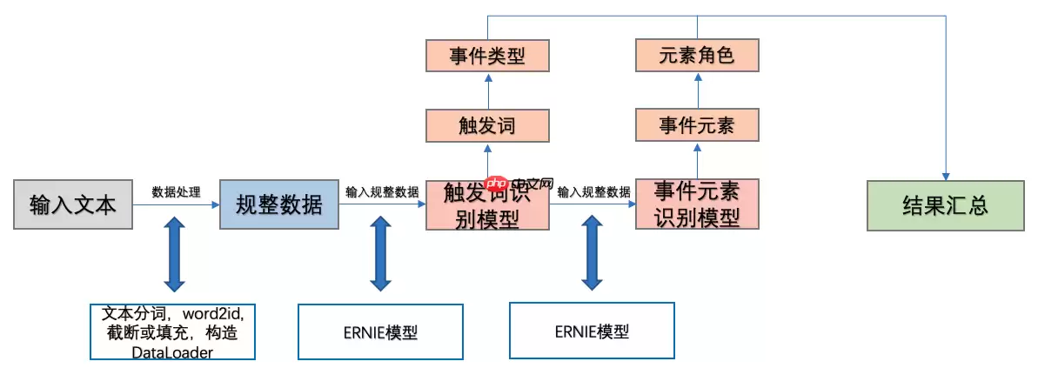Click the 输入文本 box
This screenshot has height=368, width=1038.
click(x=72, y=205)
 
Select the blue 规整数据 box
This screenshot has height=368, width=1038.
click(x=278, y=205)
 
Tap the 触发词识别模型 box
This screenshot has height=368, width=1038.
click(x=487, y=205)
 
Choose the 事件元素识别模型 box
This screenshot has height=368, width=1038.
click(x=697, y=204)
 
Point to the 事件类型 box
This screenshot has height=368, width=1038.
click(x=487, y=57)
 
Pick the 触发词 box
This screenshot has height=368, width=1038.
click(x=487, y=125)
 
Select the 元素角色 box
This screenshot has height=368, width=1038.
click(x=697, y=57)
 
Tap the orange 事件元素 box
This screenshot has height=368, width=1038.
click(x=697, y=125)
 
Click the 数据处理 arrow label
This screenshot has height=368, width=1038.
click(x=176, y=192)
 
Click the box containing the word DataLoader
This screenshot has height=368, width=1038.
click(x=172, y=331)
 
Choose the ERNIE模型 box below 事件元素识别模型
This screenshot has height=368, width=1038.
click(x=592, y=331)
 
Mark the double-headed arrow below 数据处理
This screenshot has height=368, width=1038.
click(x=174, y=255)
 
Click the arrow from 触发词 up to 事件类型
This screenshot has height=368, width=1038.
click(x=487, y=90)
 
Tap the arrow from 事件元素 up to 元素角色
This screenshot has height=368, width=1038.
click(x=697, y=90)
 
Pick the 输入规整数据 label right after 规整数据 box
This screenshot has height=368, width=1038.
click(x=381, y=192)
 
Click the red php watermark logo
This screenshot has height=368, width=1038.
click(x=497, y=184)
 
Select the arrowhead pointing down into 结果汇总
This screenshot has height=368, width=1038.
click(x=945, y=174)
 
